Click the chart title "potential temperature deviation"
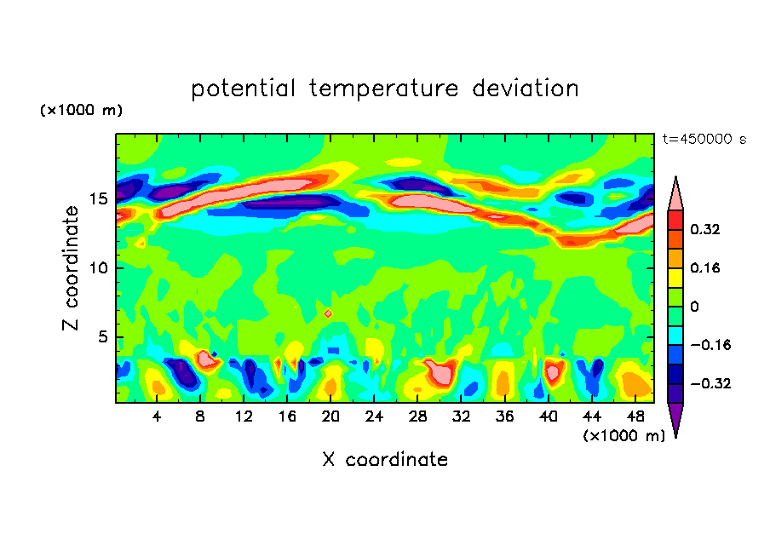384,89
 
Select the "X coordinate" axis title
384,460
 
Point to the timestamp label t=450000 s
704,140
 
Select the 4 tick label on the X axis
158,417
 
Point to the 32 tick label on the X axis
462,417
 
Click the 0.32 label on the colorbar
706,229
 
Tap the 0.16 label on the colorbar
706,268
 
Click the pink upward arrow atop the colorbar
675,193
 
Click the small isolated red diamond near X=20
328,313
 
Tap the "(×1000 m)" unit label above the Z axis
81,111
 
